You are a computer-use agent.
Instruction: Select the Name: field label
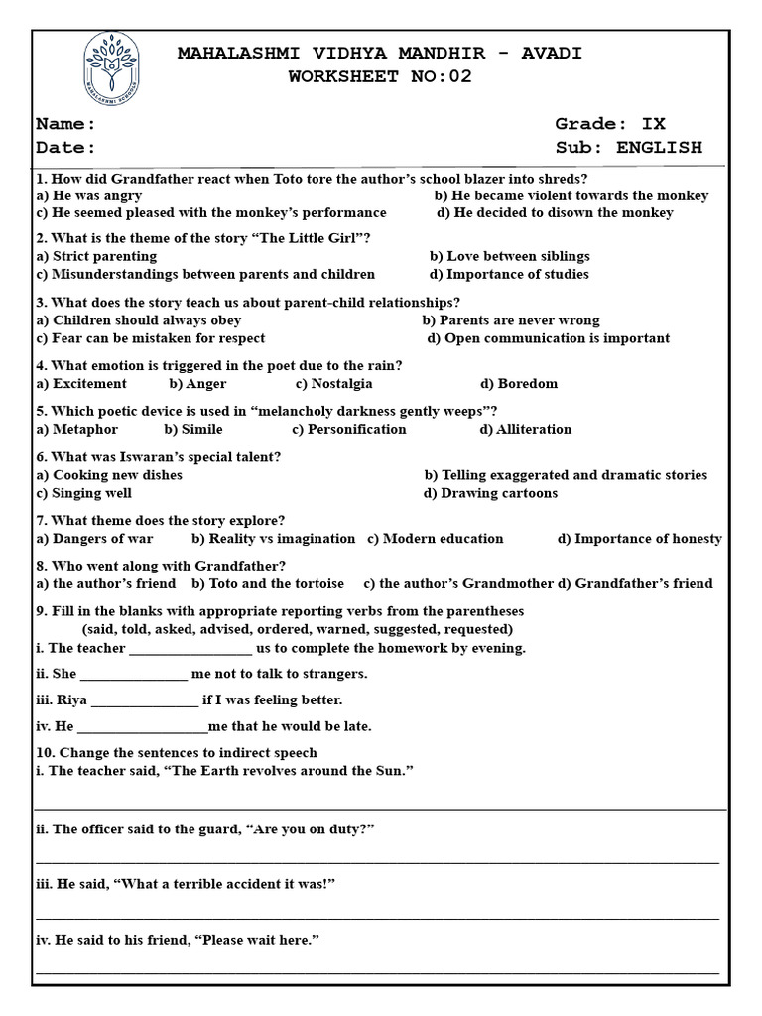[x=65, y=124]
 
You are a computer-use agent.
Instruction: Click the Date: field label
[x=65, y=148]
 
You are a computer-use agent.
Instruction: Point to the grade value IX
[x=654, y=124]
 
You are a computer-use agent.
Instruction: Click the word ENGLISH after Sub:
[x=659, y=148]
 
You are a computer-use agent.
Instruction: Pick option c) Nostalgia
[x=333, y=384]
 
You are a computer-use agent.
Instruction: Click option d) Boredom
[x=519, y=384]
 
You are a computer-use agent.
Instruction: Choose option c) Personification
[x=349, y=430]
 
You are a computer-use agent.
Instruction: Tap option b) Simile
[x=193, y=430]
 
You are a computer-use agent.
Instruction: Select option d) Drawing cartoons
[x=490, y=493]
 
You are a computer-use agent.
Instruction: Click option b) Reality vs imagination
[x=274, y=539]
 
